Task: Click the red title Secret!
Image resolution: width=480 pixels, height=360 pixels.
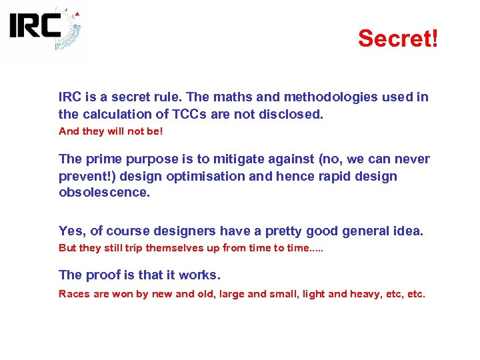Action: pos(398,38)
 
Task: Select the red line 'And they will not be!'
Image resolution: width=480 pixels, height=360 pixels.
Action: pos(111,131)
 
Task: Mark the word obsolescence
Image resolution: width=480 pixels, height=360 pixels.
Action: pos(105,193)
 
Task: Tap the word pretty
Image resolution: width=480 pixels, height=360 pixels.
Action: pos(288,231)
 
